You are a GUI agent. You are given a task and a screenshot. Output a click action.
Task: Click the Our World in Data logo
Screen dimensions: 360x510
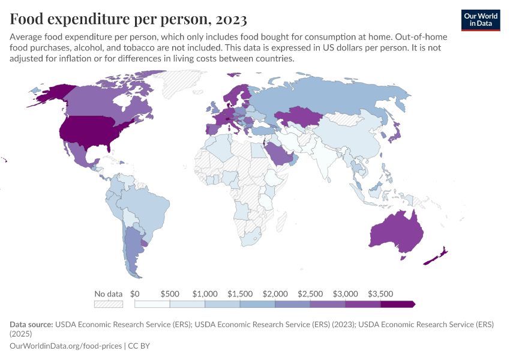pos(480,20)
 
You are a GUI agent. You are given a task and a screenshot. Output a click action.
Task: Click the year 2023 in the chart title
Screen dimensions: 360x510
pos(228,19)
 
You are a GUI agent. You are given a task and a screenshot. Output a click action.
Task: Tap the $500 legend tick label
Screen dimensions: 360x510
pos(170,294)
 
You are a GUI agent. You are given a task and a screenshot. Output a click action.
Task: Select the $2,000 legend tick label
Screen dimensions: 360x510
pos(275,294)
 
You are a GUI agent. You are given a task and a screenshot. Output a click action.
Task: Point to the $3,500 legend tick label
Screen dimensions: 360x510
pos(380,294)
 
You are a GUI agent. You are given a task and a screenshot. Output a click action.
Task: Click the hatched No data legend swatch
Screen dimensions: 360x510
pos(109,304)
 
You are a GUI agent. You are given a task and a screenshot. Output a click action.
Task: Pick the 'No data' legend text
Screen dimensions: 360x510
pos(109,294)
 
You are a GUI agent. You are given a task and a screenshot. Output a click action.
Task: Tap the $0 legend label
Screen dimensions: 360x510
pos(135,294)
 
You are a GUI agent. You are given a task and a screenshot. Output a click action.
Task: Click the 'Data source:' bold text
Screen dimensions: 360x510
pos(31,324)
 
